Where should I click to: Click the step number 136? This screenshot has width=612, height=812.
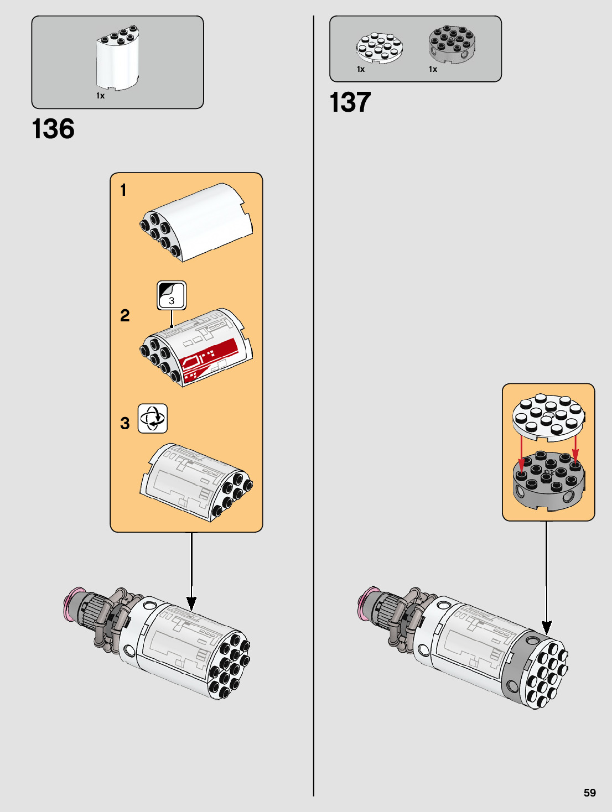53,129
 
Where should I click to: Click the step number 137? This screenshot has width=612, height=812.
350,102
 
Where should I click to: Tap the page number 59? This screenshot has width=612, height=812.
589,793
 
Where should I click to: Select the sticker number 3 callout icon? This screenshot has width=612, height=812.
172,295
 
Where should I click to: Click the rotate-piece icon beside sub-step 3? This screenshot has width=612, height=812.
152,418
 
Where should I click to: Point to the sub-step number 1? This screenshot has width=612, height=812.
123,190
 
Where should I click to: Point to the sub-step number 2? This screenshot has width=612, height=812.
125,315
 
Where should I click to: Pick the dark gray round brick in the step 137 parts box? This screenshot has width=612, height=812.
452,44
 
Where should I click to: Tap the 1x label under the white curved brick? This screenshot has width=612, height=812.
100,96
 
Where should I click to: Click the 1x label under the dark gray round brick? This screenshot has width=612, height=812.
433,69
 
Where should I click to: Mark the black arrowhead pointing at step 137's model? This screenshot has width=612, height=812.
547,627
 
